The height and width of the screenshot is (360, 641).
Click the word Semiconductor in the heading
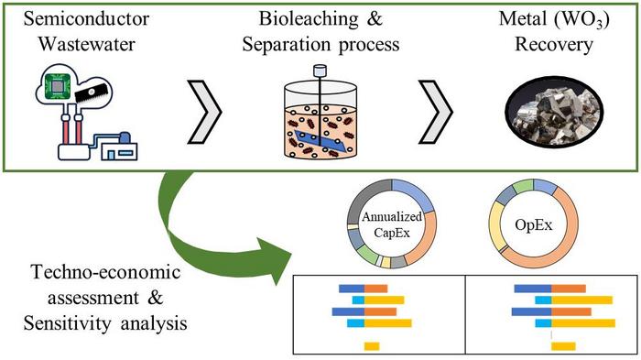click(x=86, y=19)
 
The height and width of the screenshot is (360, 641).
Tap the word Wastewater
click(x=87, y=44)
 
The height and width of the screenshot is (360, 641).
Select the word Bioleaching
click(x=309, y=19)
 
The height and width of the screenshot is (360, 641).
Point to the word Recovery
click(x=553, y=45)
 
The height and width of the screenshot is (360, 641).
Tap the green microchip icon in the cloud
click(x=58, y=86)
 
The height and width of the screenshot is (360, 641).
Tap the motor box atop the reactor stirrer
click(x=320, y=71)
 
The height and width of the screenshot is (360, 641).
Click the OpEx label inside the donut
click(x=534, y=224)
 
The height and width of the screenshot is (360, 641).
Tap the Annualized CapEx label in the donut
click(x=392, y=224)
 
